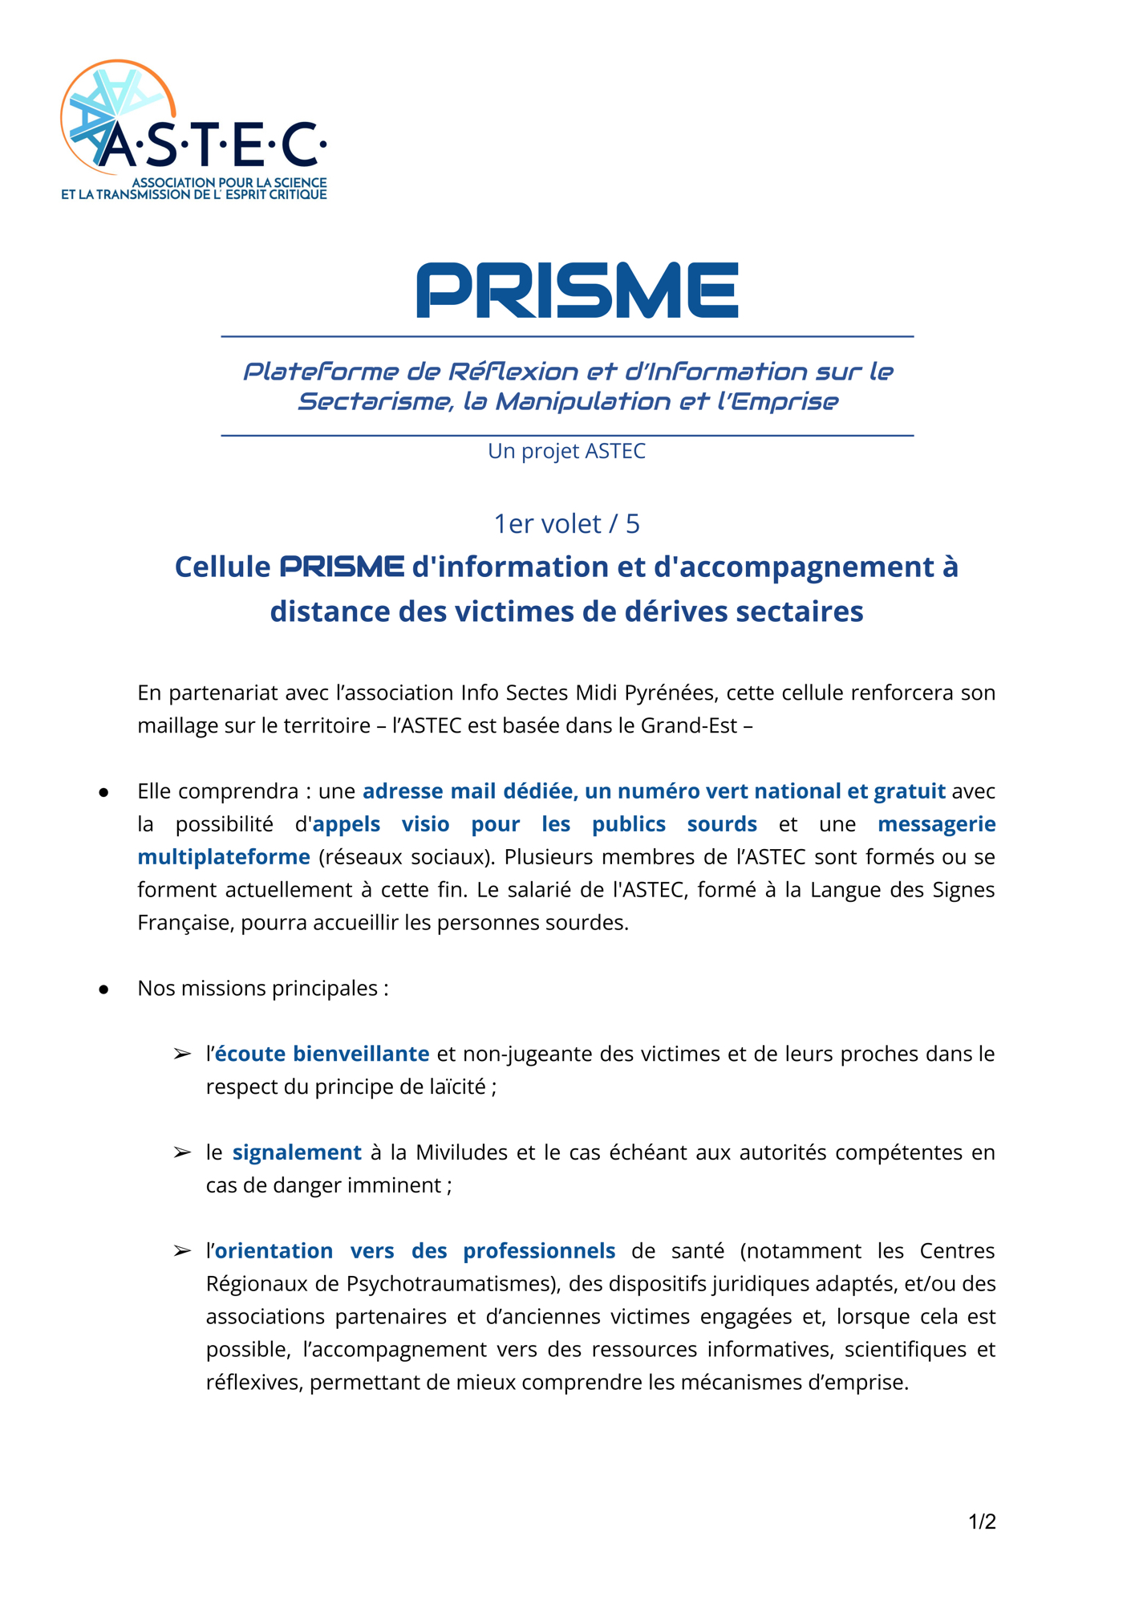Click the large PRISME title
pyautogui.click(x=577, y=290)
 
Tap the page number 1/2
pyautogui.click(x=982, y=1522)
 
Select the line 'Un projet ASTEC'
pyautogui.click(x=566, y=451)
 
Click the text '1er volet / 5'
pyautogui.click(x=566, y=523)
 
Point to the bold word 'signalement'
pyautogui.click(x=297, y=1152)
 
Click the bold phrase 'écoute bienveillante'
pyautogui.click(x=322, y=1054)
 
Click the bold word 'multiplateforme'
pyautogui.click(x=224, y=857)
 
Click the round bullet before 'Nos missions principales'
pyautogui.click(x=103, y=989)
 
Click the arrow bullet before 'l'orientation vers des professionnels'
pyautogui.click(x=182, y=1251)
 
